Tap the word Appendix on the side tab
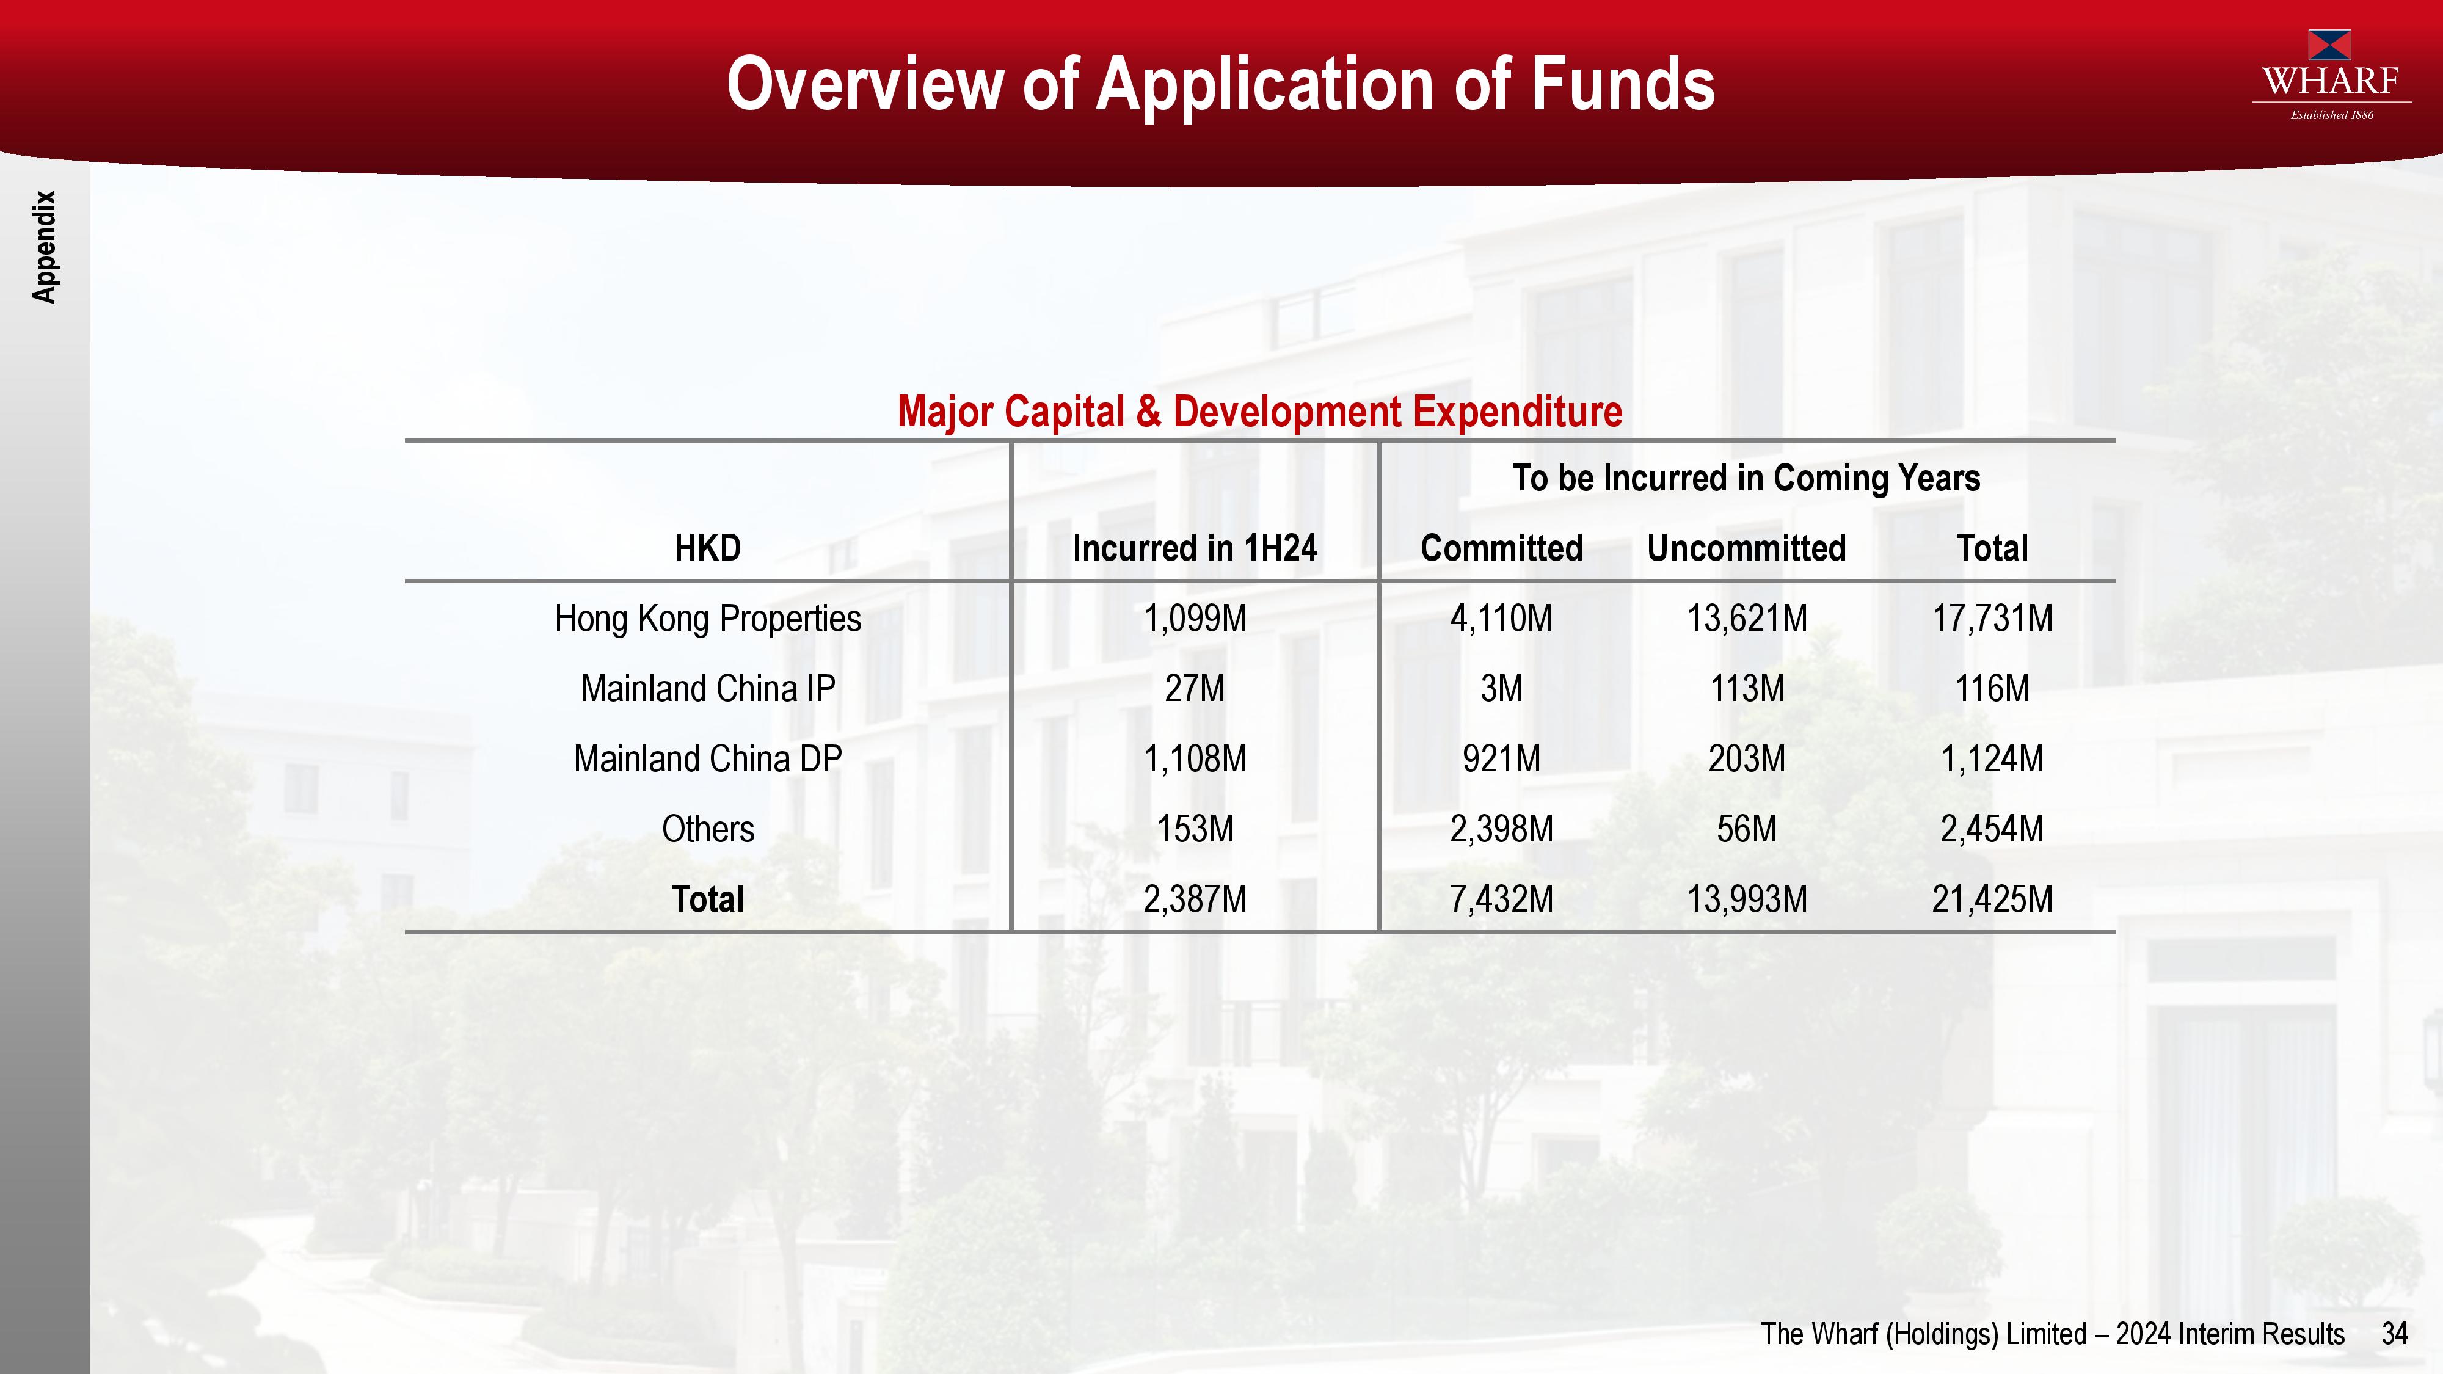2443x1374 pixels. point(45,247)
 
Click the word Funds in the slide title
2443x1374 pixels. point(1623,84)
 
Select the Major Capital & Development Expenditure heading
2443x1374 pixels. point(1259,412)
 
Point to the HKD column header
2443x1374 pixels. point(707,548)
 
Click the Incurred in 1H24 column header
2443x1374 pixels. point(1195,548)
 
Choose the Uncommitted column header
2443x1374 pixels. point(1747,548)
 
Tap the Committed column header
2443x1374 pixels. point(1501,548)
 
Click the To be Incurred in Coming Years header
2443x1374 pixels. point(1747,478)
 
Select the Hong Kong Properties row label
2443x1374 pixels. point(707,618)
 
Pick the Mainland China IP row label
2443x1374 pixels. point(707,688)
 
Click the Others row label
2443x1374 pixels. point(707,829)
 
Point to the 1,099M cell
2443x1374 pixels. point(1195,618)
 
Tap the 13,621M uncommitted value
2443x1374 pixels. point(1747,618)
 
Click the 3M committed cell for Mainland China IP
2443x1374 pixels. point(1501,688)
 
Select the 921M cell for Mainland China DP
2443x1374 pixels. point(1501,758)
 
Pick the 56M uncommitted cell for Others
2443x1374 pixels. point(1747,829)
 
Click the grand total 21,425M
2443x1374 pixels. point(1992,899)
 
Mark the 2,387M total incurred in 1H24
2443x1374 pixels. point(1195,899)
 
